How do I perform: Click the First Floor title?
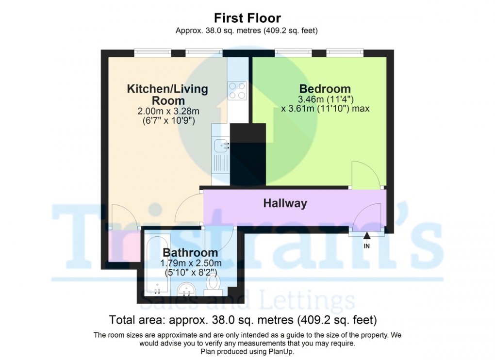[247, 18]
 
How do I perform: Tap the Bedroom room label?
[325, 89]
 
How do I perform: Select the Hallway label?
[285, 203]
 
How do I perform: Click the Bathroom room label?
[190, 252]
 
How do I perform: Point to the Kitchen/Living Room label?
[167, 95]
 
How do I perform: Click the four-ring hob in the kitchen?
[237, 90]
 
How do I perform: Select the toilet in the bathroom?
[213, 284]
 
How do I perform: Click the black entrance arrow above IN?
[367, 236]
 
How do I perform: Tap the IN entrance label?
[367, 245]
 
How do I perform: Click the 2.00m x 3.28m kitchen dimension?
[168, 112]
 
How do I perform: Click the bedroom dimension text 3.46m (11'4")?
[325, 100]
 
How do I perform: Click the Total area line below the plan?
[243, 320]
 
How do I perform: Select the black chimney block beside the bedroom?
[248, 154]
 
